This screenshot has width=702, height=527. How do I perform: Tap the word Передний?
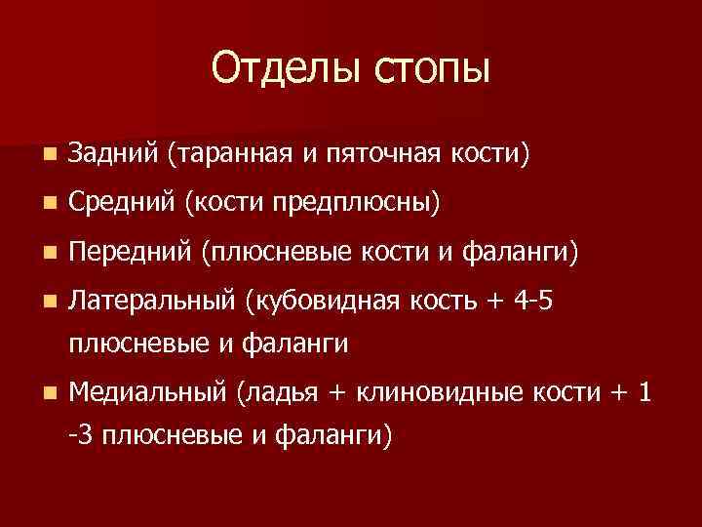point(130,253)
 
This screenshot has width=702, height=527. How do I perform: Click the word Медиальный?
point(148,393)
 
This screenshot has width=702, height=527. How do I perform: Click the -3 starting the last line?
point(83,435)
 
